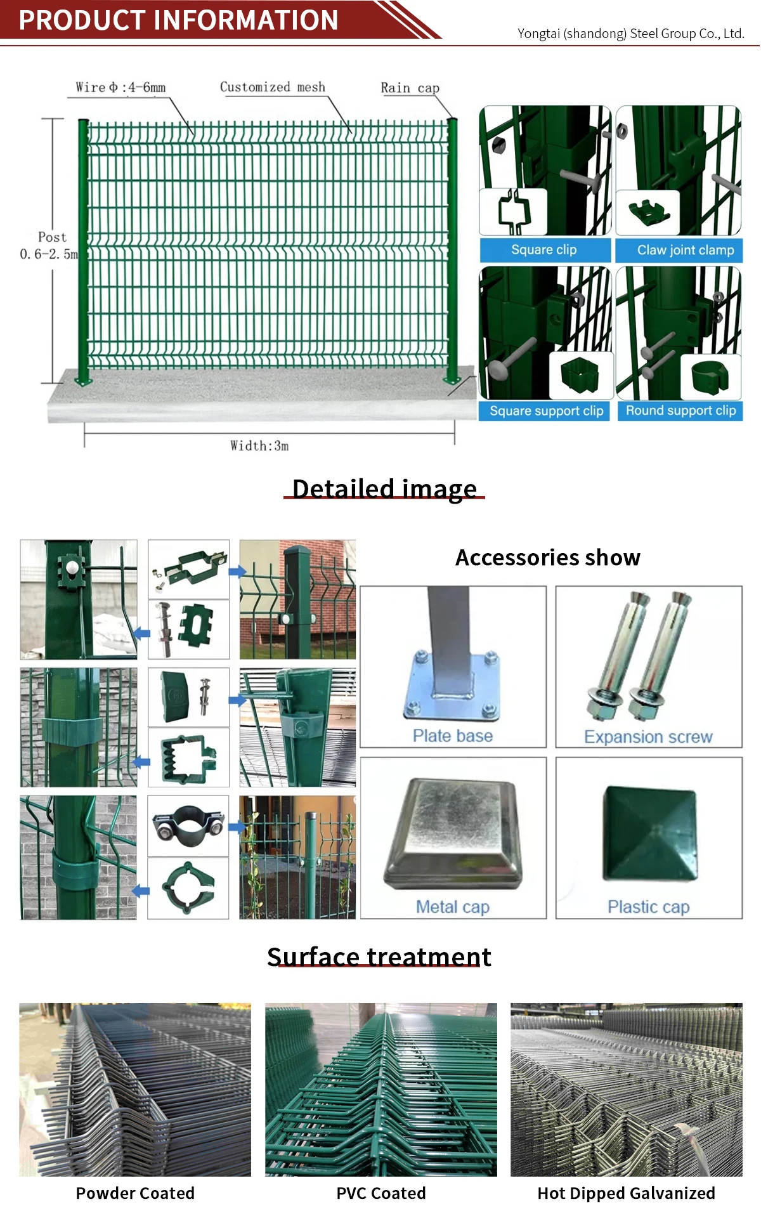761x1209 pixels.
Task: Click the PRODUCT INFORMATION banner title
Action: (178, 20)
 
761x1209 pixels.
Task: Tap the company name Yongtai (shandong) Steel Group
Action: (630, 34)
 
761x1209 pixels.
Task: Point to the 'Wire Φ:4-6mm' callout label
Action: (120, 88)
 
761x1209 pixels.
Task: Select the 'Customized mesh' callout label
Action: (272, 87)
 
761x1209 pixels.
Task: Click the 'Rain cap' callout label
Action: (410, 88)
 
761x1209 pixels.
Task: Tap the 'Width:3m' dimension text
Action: (259, 446)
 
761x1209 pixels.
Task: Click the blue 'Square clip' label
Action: (544, 250)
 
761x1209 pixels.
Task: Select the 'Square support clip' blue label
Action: (546, 411)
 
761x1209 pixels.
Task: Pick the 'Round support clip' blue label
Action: (680, 410)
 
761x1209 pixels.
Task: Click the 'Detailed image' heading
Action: (384, 489)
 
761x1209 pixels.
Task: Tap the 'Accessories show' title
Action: (548, 558)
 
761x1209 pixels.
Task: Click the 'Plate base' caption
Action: (452, 736)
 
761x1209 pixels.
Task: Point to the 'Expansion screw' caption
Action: (648, 737)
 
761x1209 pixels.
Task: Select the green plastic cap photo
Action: (649, 833)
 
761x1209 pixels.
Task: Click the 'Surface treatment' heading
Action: (379, 957)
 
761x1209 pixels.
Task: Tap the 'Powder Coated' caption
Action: (135, 1193)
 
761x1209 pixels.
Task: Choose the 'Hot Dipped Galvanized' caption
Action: (626, 1193)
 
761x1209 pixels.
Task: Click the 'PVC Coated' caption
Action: (380, 1193)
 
